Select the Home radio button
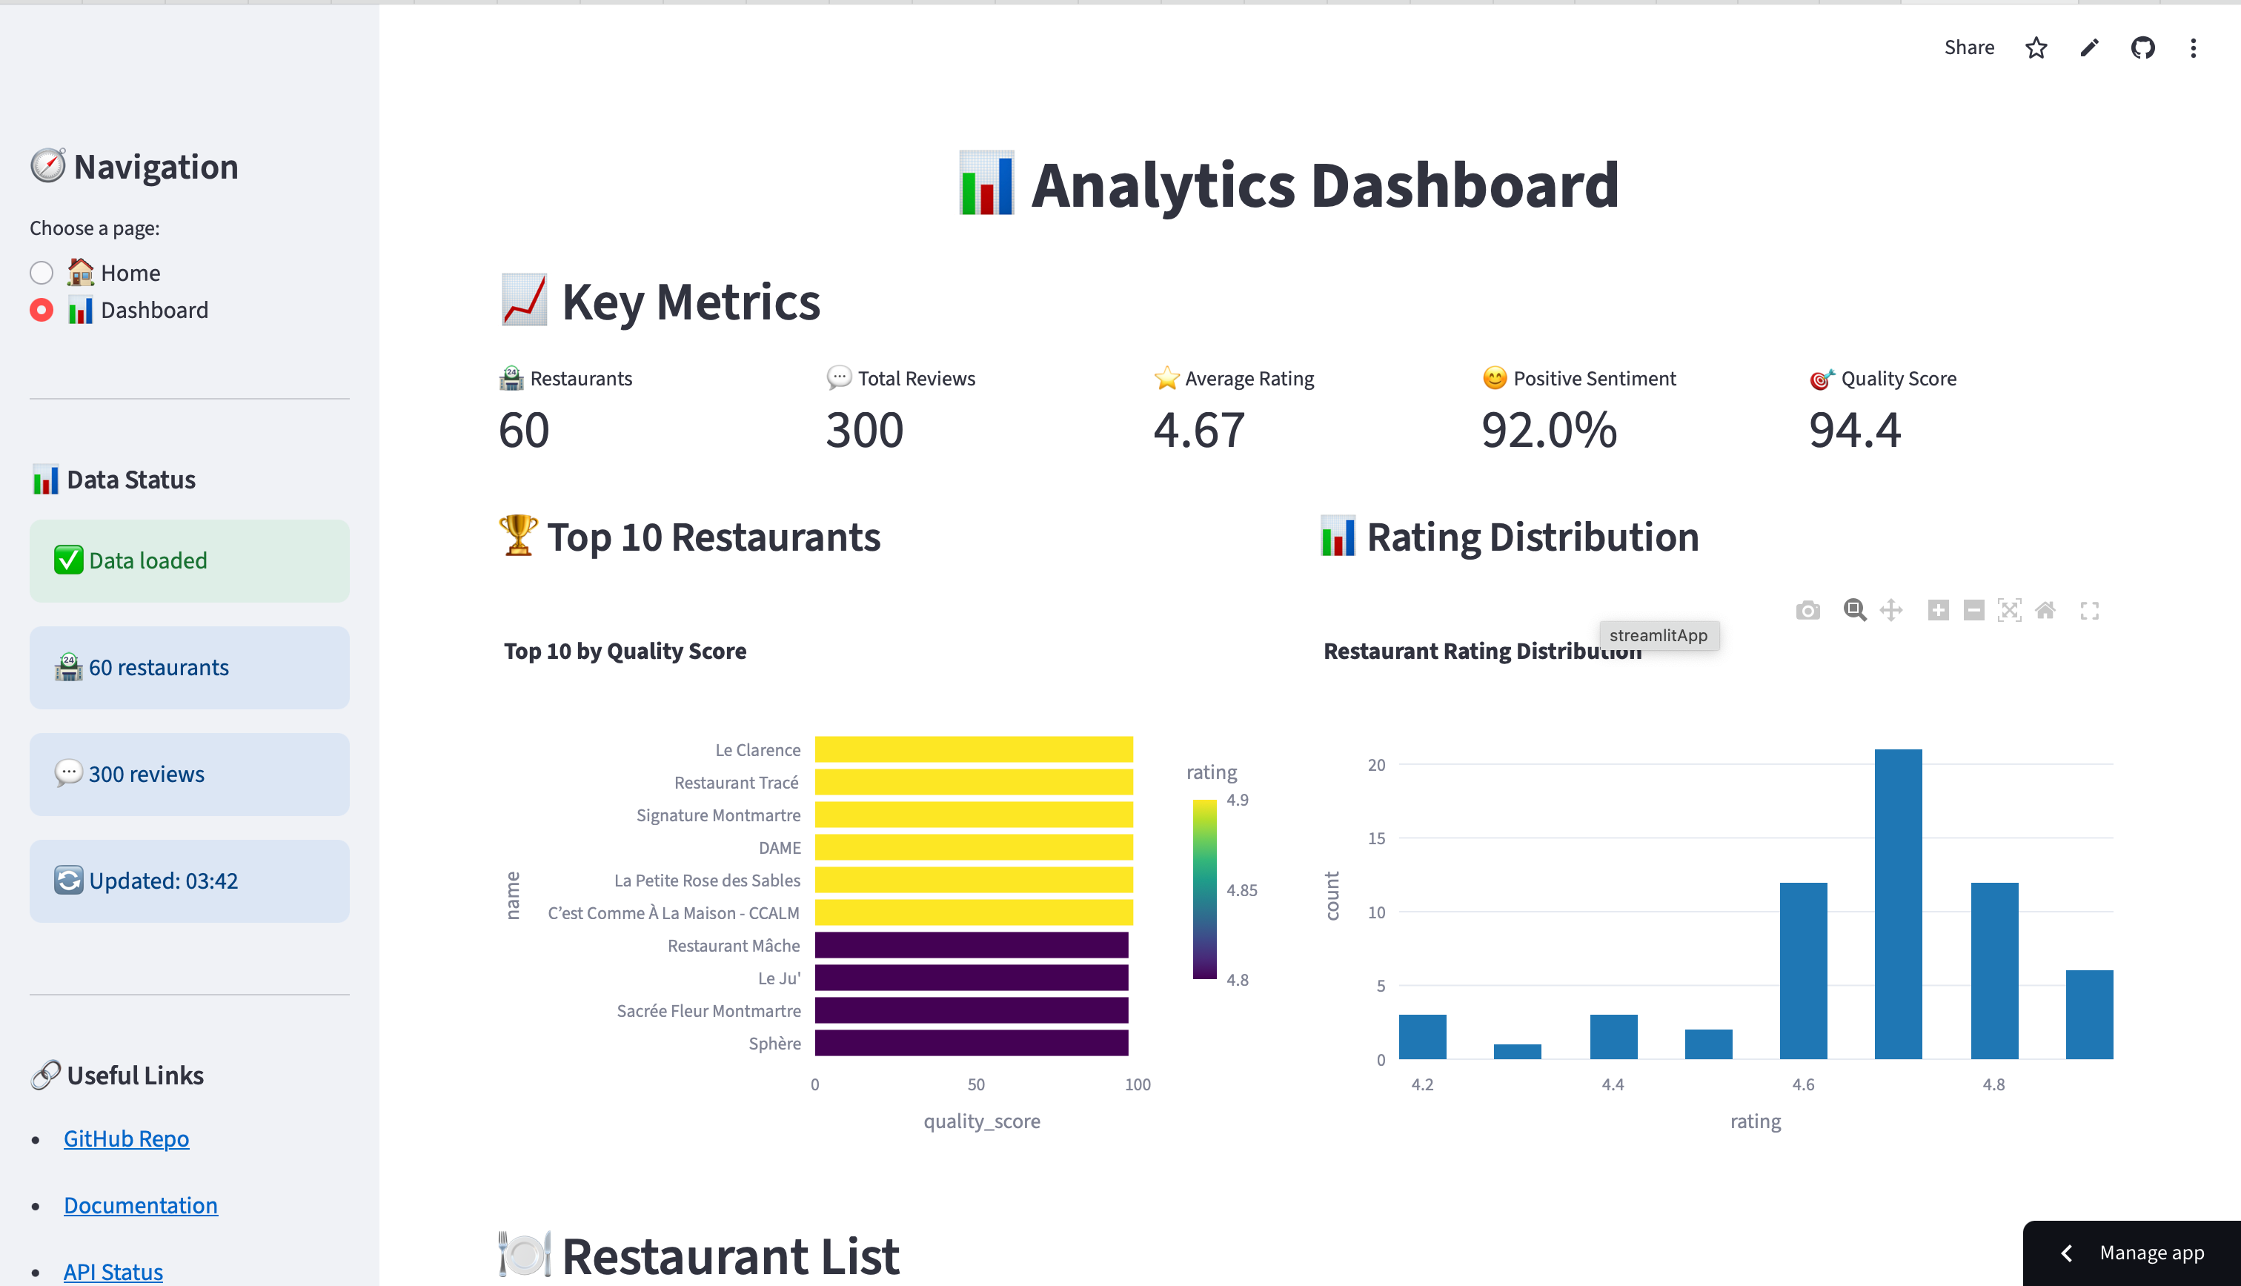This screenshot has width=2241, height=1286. tap(41, 273)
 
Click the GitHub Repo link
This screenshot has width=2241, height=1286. tap(126, 1138)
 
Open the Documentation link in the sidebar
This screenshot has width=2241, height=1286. tap(140, 1206)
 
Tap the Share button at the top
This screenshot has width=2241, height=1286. tap(1969, 47)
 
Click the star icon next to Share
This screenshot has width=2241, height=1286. tap(2036, 47)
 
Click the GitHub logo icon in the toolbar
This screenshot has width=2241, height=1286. tap(2143, 47)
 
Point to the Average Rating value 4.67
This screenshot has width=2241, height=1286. tap(1199, 430)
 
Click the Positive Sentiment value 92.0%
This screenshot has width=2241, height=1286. tap(1549, 430)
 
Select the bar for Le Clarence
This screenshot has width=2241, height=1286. tap(973, 749)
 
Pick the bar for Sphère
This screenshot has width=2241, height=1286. tap(972, 1043)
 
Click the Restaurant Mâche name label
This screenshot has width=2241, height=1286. tap(734, 946)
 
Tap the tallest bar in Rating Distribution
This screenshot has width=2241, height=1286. tap(1898, 903)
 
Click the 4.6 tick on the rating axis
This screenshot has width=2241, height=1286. tap(1803, 1084)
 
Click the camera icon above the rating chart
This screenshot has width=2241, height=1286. tap(1807, 610)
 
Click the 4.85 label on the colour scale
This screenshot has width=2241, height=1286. tap(1241, 890)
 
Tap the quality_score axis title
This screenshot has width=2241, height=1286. tap(982, 1121)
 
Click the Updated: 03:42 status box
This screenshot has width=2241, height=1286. tap(189, 881)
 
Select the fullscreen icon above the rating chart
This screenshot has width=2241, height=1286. tap(2089, 610)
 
